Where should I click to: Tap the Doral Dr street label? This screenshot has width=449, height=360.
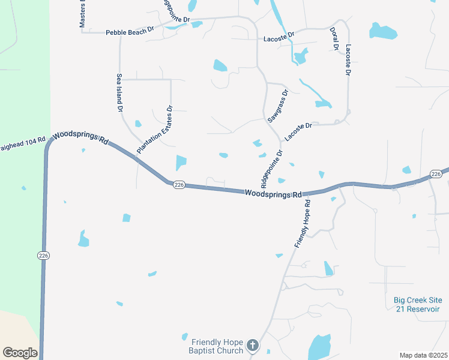click(334, 38)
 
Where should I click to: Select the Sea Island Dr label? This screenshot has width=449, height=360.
click(119, 94)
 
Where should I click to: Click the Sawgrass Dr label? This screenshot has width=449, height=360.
click(279, 106)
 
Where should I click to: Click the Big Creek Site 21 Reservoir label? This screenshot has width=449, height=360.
click(417, 304)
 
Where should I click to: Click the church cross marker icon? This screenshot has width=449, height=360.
click(253, 346)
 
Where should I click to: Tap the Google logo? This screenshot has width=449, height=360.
click(20, 353)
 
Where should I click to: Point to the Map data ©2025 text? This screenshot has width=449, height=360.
click(423, 355)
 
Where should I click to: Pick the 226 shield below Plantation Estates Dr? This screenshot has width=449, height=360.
click(179, 185)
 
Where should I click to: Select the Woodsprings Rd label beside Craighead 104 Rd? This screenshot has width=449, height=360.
click(80, 138)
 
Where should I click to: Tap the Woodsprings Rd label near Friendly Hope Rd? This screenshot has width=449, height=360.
click(273, 194)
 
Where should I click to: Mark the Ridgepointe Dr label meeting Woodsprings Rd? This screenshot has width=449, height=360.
click(271, 168)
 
